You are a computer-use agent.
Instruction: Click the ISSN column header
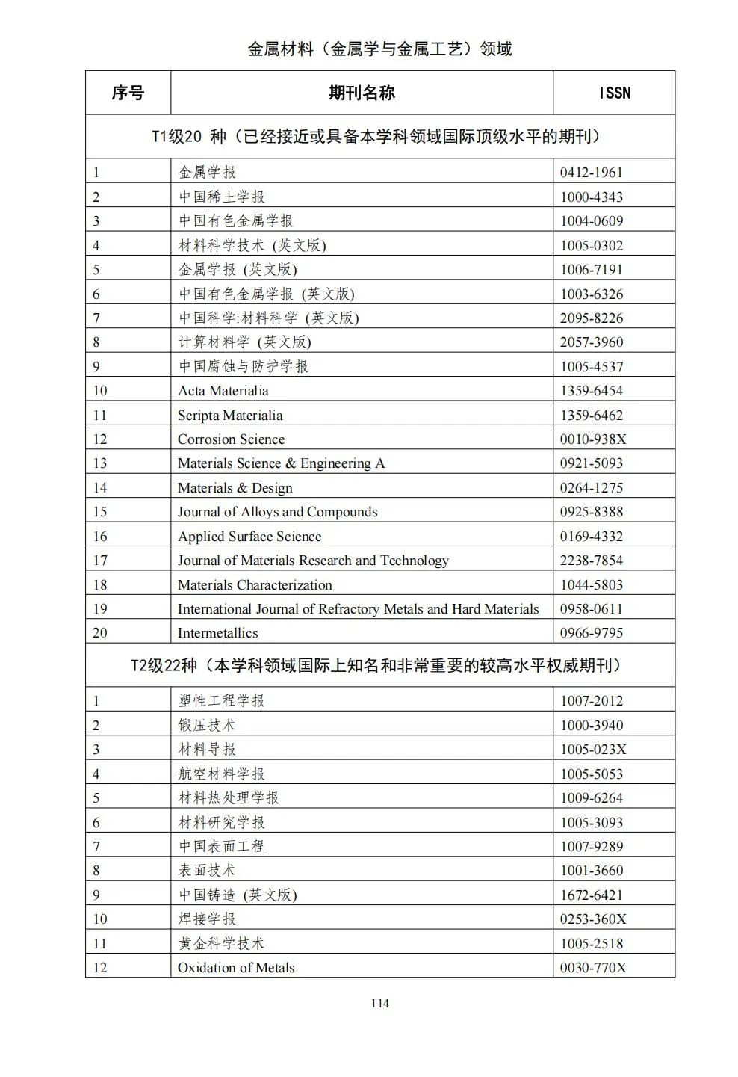click(614, 93)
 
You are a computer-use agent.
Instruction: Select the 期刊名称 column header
click(362, 93)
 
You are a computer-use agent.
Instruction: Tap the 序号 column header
click(128, 93)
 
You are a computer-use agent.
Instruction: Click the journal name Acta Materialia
click(223, 391)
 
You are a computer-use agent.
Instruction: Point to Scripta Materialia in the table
click(230, 416)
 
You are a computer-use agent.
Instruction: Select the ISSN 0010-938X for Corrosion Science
click(593, 439)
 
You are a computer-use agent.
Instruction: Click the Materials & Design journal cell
click(235, 488)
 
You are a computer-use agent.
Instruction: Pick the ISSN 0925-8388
click(591, 512)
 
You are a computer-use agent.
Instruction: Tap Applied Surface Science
click(249, 537)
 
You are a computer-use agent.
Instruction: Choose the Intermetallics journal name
click(217, 633)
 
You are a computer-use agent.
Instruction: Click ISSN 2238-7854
click(591, 561)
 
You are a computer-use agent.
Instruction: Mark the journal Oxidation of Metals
click(236, 968)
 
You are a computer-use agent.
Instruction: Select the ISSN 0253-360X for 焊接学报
click(593, 919)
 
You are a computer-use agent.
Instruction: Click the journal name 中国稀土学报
click(222, 197)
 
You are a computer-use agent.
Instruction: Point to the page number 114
click(379, 1004)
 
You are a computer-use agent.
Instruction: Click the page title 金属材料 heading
click(379, 49)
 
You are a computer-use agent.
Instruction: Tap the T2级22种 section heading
click(376, 665)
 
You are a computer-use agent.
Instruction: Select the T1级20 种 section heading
click(376, 137)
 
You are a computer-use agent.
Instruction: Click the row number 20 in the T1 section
click(100, 633)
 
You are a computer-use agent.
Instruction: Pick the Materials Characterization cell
click(255, 585)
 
